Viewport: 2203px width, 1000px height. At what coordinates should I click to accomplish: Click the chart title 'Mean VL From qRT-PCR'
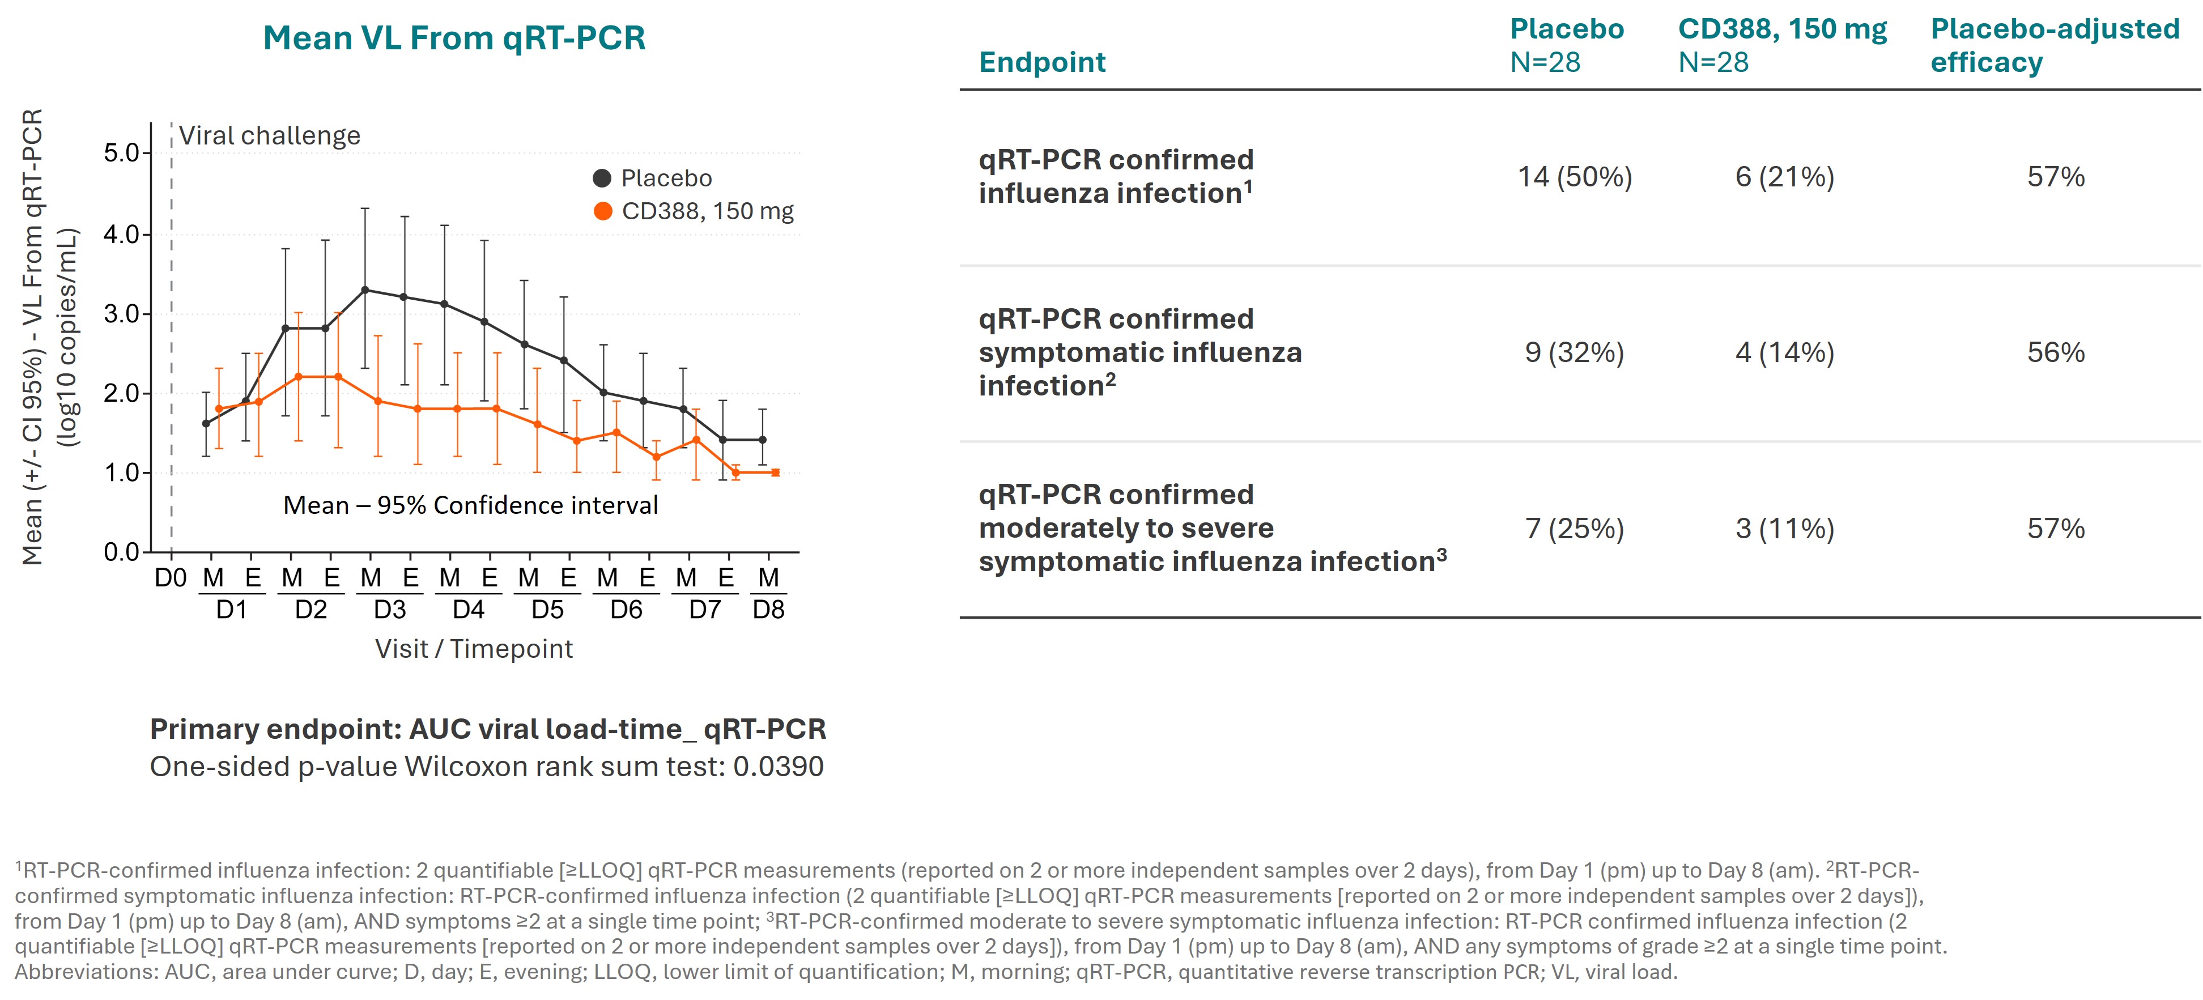(453, 39)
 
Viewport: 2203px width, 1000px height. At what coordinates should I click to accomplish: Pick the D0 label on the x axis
(170, 578)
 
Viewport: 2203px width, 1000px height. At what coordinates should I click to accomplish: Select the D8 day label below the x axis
(768, 610)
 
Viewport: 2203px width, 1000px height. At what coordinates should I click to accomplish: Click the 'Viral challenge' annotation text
(269, 136)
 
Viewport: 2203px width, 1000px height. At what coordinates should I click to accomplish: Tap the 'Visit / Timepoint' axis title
(474, 648)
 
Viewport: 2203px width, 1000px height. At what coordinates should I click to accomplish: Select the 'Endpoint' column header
(1041, 62)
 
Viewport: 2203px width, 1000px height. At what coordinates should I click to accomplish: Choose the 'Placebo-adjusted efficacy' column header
(2054, 45)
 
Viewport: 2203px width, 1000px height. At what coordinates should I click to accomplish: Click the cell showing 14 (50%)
(1575, 177)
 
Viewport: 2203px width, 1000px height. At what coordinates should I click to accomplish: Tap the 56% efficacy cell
(2055, 352)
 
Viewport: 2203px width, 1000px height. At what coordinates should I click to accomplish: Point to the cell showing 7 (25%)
(1575, 529)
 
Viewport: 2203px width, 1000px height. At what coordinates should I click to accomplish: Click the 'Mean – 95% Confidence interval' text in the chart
(470, 505)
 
